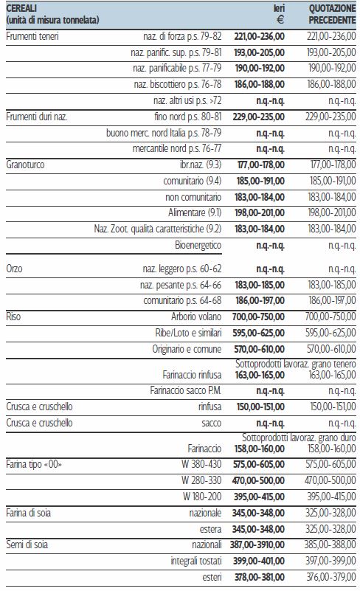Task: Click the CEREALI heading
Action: (x=21, y=8)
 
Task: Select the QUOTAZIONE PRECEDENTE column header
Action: (x=332, y=14)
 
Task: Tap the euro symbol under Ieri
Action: (x=280, y=20)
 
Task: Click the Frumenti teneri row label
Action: (x=32, y=37)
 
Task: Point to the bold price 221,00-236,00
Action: (x=259, y=37)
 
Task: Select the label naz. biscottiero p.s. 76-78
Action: (x=178, y=84)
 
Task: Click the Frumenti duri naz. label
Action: (x=37, y=117)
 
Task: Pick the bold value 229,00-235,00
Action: (x=259, y=117)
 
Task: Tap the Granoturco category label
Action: (x=25, y=165)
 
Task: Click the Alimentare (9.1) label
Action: (x=195, y=212)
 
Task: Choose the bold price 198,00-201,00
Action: (x=260, y=212)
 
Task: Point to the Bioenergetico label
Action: (x=198, y=246)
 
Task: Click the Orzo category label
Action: (x=14, y=269)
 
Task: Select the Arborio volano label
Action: (x=196, y=317)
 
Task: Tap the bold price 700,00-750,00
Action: (x=258, y=317)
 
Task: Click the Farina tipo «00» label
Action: (x=34, y=464)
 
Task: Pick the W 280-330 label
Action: (x=201, y=480)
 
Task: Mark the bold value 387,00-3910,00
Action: (x=257, y=545)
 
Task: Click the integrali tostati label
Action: (x=196, y=561)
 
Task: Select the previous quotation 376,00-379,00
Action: (x=331, y=577)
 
